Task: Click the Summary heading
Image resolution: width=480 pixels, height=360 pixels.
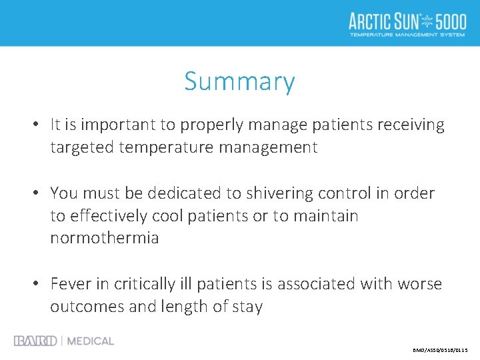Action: [239, 82]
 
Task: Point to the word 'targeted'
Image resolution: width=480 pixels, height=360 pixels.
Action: [82, 147]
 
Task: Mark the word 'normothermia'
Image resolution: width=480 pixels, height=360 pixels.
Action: [105, 238]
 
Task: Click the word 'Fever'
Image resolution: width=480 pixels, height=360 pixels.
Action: [69, 284]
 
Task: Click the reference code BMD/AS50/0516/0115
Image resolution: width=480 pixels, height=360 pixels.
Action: [441, 349]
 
